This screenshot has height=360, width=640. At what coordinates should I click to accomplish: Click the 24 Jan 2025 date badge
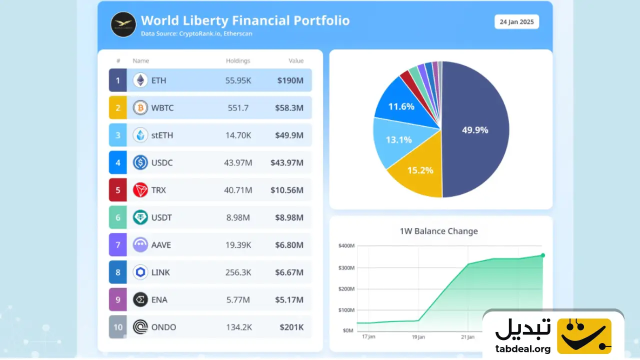pos(516,22)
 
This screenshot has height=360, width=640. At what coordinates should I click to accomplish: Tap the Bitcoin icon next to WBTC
pos(140,107)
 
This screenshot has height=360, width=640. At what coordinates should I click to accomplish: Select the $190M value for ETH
pos(290,80)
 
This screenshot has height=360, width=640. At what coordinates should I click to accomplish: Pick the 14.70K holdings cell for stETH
pos(237,135)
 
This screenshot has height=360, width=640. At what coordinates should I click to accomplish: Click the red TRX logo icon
pos(140,190)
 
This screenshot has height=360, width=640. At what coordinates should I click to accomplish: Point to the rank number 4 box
pos(118,162)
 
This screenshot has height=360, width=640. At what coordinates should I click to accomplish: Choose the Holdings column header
pos(238,61)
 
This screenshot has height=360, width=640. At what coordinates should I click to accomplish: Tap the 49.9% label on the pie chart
pos(475,130)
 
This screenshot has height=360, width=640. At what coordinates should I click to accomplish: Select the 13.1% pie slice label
pos(398,140)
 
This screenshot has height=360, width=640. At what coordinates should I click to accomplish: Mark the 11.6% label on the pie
pos(401,106)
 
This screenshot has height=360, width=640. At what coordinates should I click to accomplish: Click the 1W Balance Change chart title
pos(438,231)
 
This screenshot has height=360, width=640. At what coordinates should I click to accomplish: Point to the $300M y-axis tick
pos(346,268)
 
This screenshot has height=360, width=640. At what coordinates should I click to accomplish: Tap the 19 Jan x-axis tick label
pos(418,337)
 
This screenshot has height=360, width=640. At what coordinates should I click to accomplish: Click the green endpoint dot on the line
pos(543,255)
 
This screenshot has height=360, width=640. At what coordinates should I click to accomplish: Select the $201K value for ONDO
pos(291,327)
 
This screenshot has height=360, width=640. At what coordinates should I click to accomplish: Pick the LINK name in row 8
pos(160,272)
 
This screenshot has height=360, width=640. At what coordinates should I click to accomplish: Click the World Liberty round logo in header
pos(123,24)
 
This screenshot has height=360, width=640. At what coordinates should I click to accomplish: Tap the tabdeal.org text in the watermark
pos(523,349)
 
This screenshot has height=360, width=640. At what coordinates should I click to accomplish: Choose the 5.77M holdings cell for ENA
pos(238,300)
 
